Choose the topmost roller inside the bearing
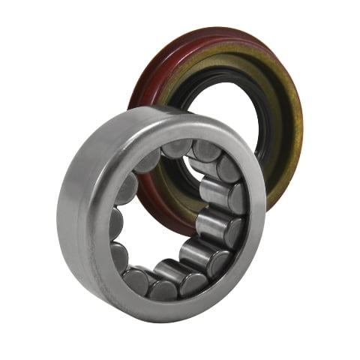click(x=176, y=148)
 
